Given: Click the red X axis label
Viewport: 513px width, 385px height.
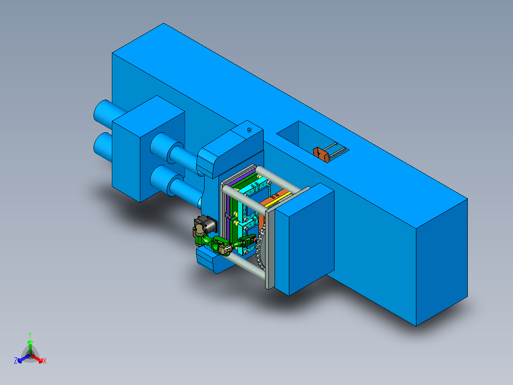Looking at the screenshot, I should click(45, 361).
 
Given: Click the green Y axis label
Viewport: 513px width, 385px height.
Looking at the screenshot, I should click(30, 335).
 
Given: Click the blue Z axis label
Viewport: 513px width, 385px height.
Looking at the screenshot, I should click(16, 361).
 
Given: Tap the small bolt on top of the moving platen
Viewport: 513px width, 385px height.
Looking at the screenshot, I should click(249, 129).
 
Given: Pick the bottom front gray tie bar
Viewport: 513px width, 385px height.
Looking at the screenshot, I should click(247, 267).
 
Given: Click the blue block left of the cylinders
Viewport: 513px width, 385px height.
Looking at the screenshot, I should click(148, 148).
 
